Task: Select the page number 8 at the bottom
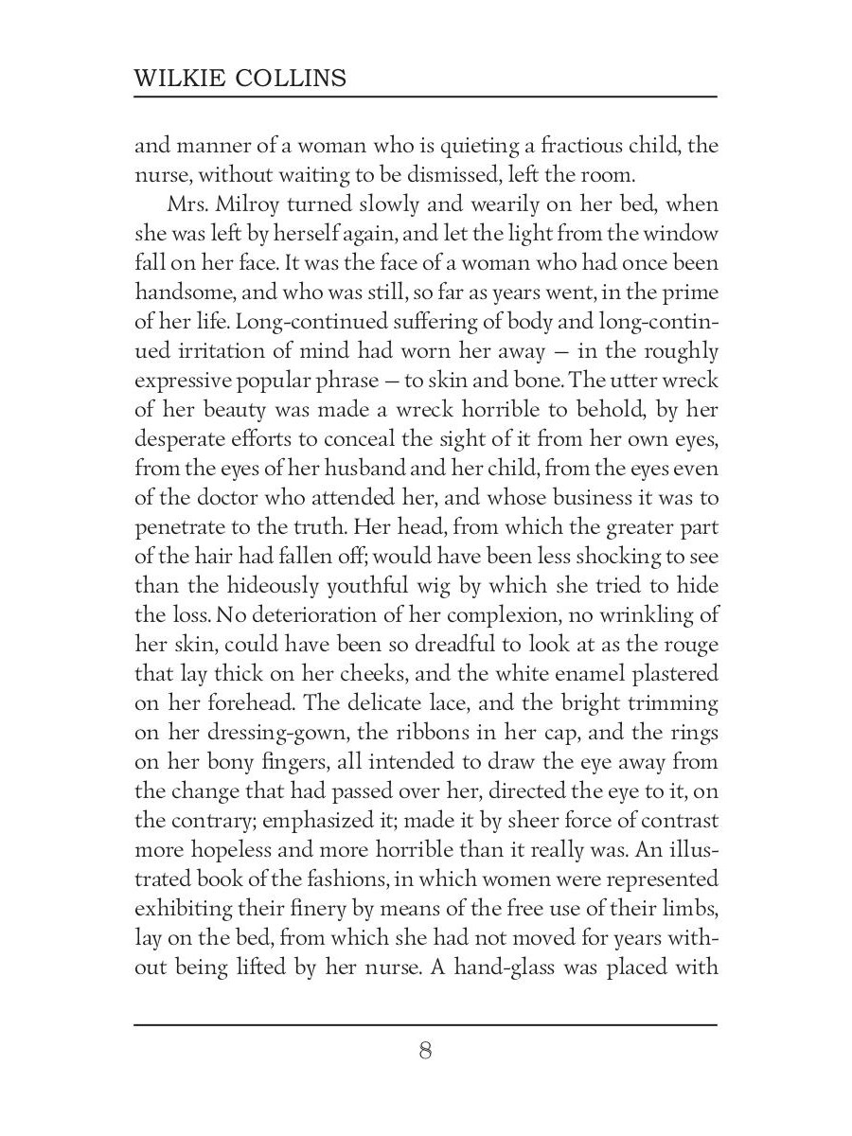coord(425,1051)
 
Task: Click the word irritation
coord(217,352)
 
